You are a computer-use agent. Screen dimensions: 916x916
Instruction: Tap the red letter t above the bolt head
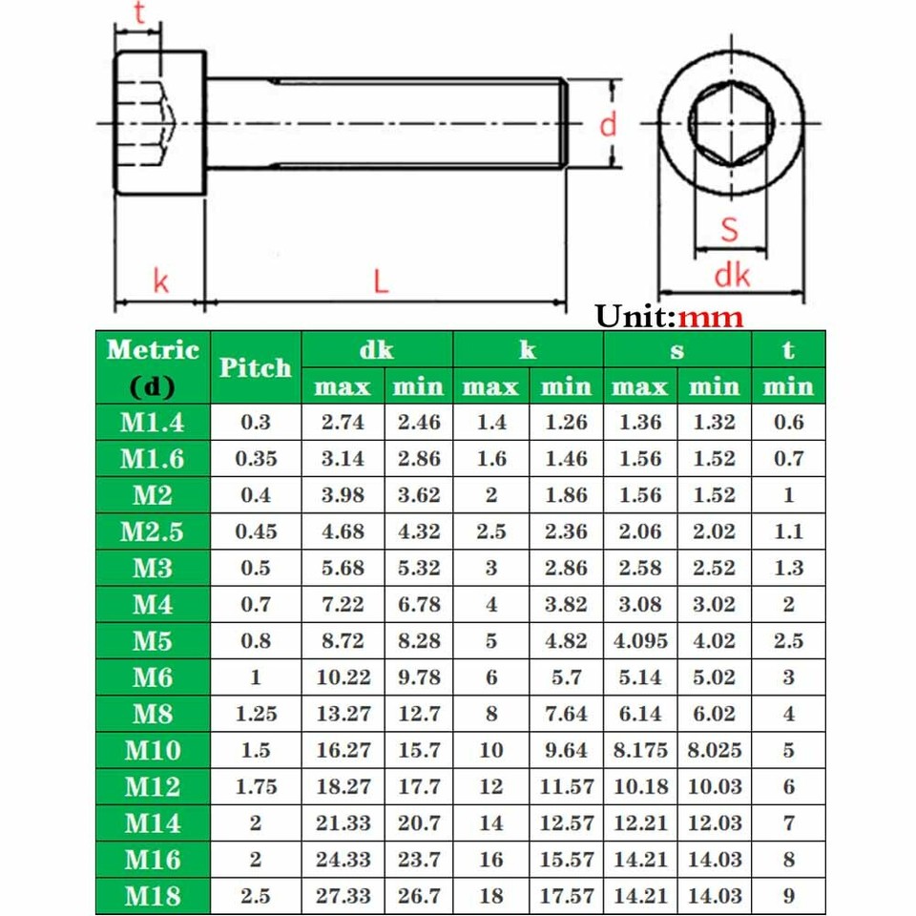139,14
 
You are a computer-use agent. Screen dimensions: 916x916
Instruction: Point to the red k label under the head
160,281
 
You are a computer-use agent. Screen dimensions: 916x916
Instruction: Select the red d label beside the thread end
608,124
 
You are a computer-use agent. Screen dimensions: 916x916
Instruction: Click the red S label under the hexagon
730,229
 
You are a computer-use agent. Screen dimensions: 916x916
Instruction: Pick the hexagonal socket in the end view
730,124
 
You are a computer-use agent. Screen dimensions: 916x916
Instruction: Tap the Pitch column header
255,368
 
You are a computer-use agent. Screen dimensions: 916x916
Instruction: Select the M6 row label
152,677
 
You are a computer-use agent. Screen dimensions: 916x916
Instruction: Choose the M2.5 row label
152,531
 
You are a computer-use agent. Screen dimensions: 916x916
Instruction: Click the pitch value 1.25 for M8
255,714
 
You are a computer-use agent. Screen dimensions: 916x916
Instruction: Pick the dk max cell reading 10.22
343,677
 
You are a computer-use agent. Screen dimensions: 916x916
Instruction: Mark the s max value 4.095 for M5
639,641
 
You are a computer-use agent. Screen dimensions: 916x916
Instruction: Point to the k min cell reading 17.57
566,896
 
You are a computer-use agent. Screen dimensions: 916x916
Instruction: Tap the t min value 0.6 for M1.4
788,423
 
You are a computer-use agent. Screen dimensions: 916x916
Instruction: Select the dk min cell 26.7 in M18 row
419,896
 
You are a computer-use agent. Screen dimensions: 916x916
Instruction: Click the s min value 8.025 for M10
714,750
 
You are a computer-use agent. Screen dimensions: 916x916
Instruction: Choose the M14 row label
152,822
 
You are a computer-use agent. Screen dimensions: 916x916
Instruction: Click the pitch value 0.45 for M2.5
255,531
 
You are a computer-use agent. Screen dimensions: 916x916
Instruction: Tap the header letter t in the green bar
788,350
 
